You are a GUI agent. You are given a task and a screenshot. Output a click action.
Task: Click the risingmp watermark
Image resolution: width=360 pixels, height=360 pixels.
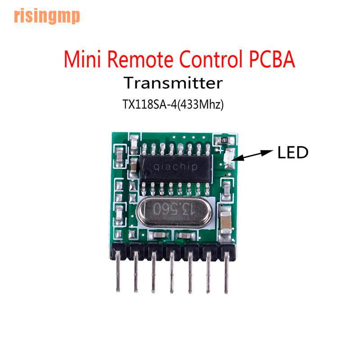click(47, 16)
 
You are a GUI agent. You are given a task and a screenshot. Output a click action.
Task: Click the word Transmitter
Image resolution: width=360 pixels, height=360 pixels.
click(173, 84)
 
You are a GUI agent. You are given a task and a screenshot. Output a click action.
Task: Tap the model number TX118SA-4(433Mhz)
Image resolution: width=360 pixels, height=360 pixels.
click(173, 104)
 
